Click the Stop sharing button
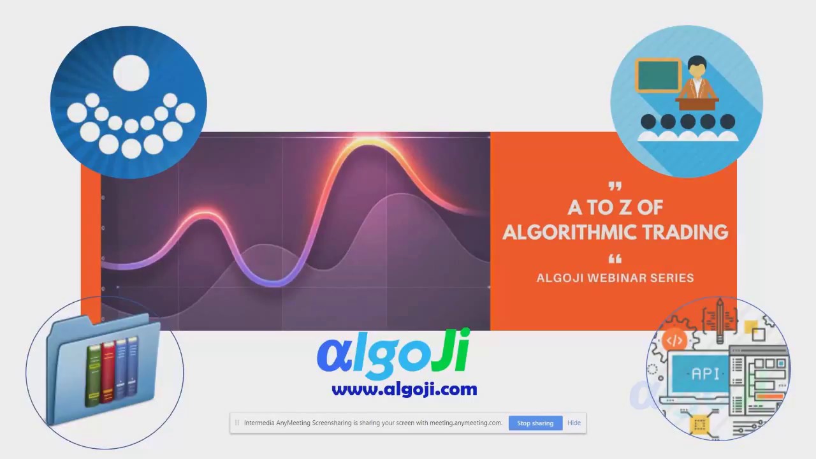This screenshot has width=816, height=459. [535, 423]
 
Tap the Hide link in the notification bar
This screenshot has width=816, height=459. [574, 423]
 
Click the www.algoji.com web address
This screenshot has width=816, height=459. [404, 389]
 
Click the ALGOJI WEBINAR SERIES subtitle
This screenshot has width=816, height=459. [615, 278]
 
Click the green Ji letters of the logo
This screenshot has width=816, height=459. [450, 353]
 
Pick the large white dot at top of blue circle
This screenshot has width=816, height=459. [131, 72]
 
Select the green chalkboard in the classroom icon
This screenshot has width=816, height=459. [658, 75]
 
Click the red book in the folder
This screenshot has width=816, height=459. [108, 373]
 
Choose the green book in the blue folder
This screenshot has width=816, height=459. [94, 376]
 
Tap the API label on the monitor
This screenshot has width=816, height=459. [705, 374]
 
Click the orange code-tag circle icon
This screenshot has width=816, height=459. [674, 340]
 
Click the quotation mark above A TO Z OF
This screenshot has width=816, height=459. [615, 187]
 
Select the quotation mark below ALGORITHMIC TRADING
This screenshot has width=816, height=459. [615, 259]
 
